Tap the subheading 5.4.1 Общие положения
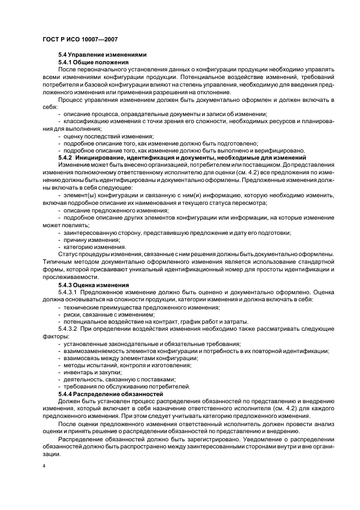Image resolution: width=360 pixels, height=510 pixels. [x=93, y=62]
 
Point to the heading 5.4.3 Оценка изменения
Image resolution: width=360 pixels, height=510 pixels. [x=93, y=284]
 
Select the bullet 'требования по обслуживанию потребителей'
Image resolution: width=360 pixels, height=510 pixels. [x=126, y=386]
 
